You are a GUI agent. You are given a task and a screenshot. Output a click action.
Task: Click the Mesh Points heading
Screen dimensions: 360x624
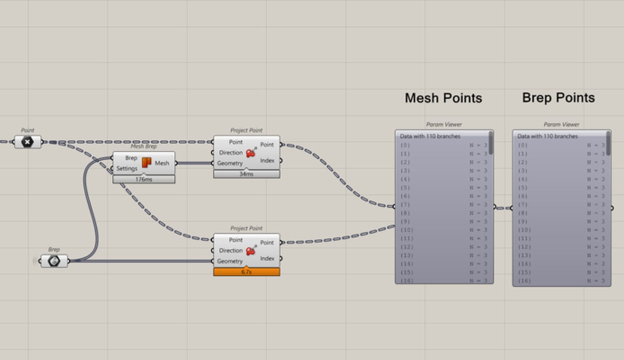(x=443, y=98)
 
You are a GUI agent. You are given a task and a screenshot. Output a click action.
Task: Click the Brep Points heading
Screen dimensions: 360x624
(x=558, y=98)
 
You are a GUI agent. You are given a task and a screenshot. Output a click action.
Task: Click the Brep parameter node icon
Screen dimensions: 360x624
(x=54, y=261)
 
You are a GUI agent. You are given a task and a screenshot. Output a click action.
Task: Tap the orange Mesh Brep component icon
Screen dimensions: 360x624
(x=146, y=163)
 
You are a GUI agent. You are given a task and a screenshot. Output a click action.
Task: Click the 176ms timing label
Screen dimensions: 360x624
(x=144, y=179)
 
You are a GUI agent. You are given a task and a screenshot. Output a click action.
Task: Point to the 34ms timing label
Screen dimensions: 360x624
(x=246, y=174)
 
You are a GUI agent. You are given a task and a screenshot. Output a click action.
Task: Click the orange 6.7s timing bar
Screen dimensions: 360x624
(x=246, y=272)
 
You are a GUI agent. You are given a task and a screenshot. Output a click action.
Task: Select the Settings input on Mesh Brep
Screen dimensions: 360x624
(x=127, y=169)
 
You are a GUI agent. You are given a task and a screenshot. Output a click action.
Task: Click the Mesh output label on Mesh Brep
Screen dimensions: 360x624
(x=162, y=163)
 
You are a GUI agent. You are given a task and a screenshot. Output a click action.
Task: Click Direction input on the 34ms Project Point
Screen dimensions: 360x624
(x=231, y=153)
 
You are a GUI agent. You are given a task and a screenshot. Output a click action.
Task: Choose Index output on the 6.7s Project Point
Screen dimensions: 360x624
(x=267, y=258)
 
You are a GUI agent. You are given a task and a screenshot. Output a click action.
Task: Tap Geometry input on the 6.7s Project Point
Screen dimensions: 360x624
(x=230, y=261)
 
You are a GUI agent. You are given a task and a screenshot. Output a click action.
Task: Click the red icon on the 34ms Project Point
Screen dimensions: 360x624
(x=251, y=153)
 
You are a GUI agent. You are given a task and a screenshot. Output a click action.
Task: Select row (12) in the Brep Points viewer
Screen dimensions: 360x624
(x=561, y=247)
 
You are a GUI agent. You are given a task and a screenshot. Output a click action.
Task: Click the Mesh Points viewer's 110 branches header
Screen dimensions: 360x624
(x=430, y=136)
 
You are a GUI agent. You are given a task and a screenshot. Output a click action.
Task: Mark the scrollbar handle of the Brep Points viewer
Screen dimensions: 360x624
(x=608, y=143)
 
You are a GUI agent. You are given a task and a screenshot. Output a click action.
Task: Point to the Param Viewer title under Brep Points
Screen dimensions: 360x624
(x=561, y=124)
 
